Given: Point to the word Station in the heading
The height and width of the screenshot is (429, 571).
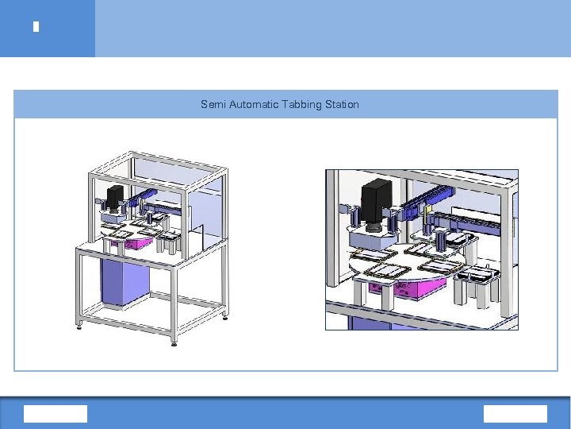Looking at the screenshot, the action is pyautogui.click(x=342, y=105).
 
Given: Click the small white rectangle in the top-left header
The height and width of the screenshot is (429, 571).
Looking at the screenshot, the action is pyautogui.click(x=36, y=27).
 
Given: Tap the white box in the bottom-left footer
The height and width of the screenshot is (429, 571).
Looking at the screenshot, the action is pyautogui.click(x=56, y=414).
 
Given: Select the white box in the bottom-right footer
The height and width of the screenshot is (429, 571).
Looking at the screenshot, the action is pyautogui.click(x=515, y=414).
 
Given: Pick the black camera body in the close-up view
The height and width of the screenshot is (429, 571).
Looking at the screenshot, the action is pyautogui.click(x=377, y=201).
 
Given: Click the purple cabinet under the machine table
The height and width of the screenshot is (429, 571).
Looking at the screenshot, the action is pyautogui.click(x=125, y=280).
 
